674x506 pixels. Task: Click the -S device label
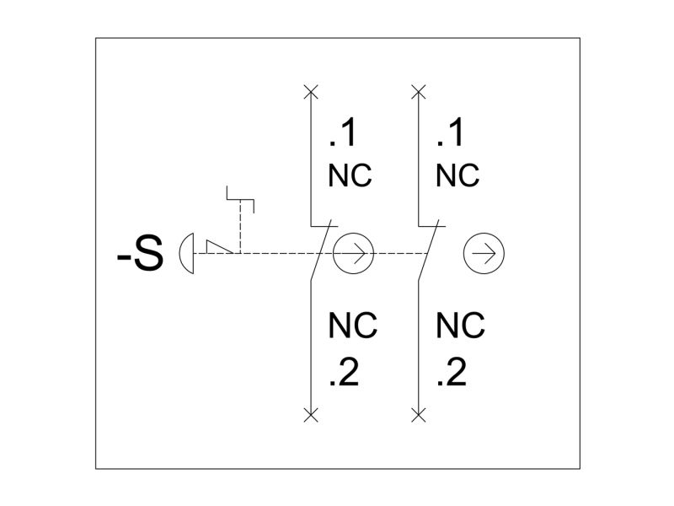140,254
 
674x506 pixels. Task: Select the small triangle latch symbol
219,247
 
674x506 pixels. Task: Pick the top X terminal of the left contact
311,92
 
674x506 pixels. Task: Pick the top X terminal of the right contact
418,92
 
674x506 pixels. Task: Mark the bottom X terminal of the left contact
311,415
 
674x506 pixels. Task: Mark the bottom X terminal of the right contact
418,415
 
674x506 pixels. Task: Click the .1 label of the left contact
343,133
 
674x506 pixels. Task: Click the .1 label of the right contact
450,133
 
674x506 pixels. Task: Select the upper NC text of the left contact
350,175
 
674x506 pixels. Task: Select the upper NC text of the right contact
457,175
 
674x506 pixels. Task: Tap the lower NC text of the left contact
353,326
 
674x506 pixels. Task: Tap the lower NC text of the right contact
460,326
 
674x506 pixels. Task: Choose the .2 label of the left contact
344,372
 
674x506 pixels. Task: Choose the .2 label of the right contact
452,372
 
